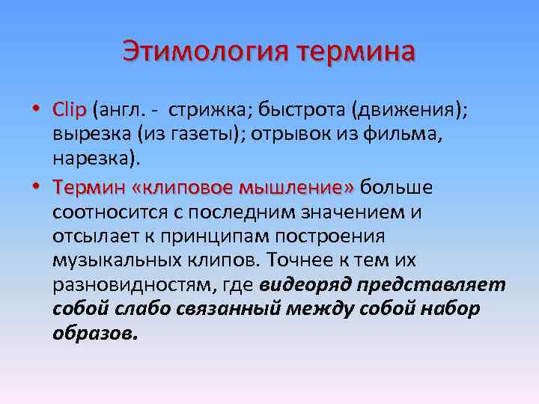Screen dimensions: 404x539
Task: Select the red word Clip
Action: [70, 109]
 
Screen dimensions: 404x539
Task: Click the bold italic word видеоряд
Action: [306, 287]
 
